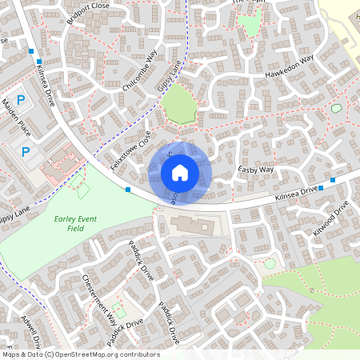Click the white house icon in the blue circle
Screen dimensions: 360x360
pos(180,173)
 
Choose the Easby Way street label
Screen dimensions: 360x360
pos(257,170)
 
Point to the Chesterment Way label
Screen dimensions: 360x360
pos(99,297)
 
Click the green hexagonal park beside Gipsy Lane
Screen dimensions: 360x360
pos(179,105)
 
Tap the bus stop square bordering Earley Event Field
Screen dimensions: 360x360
pos(128,190)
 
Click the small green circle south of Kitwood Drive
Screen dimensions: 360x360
pos(270,263)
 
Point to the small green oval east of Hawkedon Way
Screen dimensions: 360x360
pos(336,108)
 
